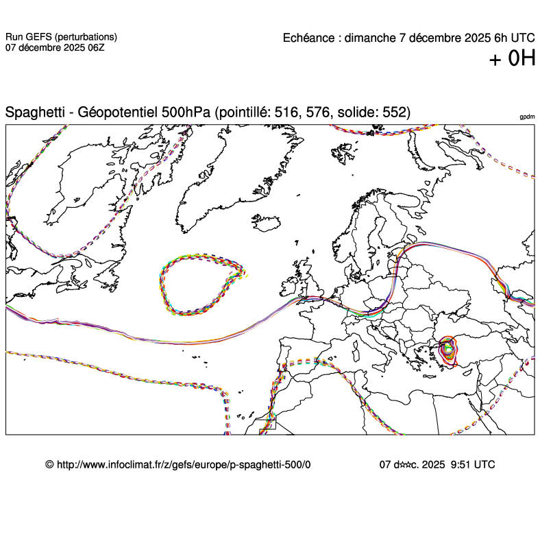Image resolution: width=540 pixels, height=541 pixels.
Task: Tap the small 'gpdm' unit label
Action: [527, 118]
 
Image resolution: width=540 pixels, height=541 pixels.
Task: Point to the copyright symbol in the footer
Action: [49, 464]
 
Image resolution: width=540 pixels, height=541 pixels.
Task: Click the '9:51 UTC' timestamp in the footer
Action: [473, 464]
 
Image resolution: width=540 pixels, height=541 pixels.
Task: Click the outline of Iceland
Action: [267, 226]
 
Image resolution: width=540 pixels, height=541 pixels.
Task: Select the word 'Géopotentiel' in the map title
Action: [118, 112]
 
